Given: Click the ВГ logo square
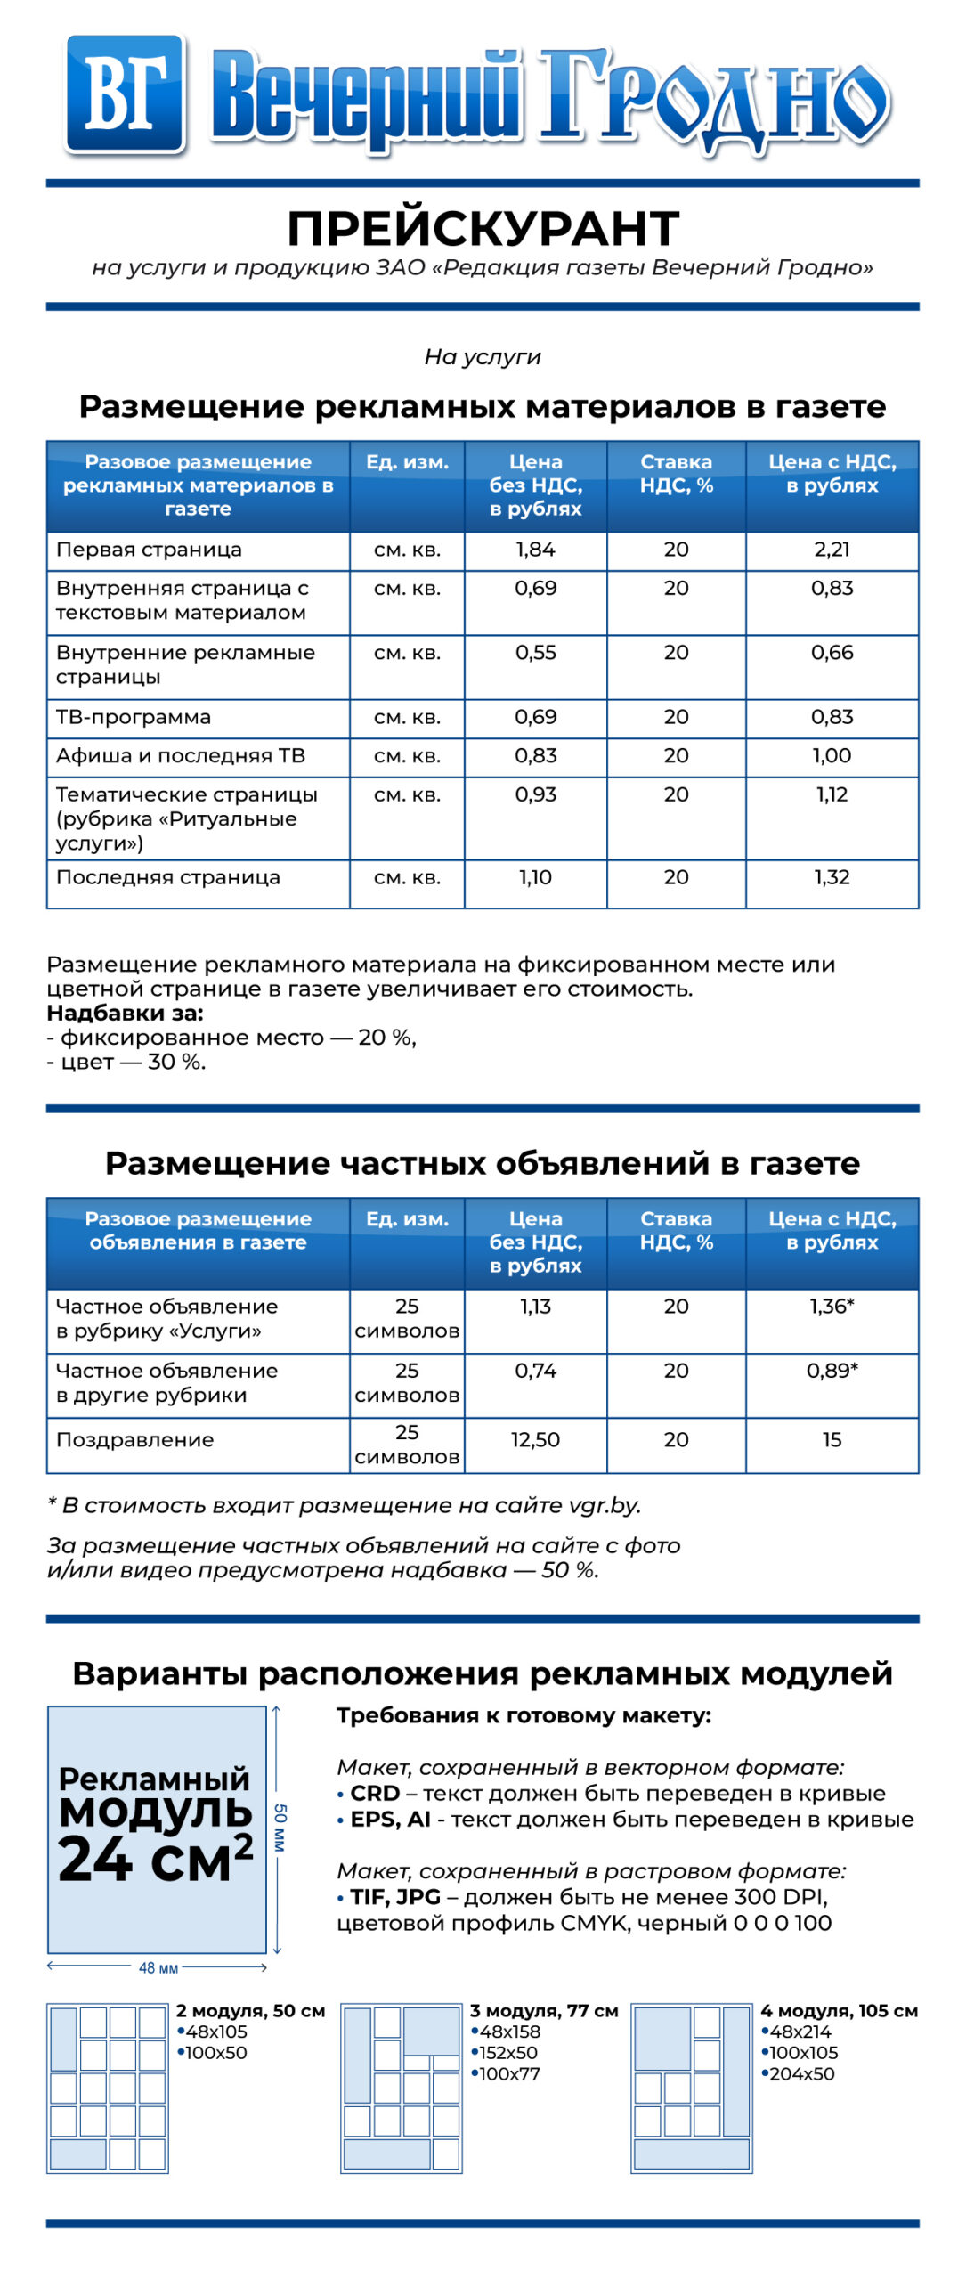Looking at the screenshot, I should (125, 94).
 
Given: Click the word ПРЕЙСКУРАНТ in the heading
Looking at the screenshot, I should (483, 229).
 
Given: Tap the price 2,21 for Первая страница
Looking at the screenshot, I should (832, 550).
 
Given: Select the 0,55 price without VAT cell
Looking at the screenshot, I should (535, 653).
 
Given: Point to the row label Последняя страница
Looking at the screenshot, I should (168, 877).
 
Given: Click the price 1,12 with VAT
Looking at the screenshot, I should (832, 794).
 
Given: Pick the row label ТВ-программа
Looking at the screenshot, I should (134, 717).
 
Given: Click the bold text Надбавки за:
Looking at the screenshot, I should (125, 1013).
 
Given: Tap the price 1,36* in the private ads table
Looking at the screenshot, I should (832, 1307).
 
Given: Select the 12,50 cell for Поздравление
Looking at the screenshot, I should (535, 1439).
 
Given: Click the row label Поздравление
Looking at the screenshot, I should (135, 1439).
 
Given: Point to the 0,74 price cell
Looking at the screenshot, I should (535, 1371).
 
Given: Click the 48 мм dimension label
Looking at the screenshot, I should (158, 1967).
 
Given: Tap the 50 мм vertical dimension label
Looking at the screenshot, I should (280, 1828).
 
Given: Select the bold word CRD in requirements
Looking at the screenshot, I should (375, 1793).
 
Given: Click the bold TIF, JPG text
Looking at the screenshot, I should (395, 1897).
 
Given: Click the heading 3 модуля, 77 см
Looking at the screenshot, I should (544, 2010).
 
